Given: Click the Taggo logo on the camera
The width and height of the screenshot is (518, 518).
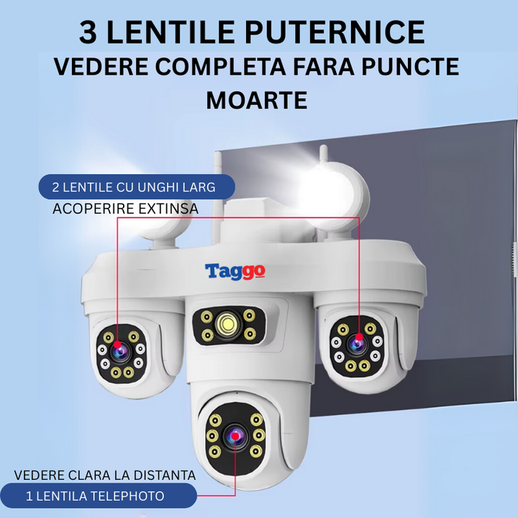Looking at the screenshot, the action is [235, 271].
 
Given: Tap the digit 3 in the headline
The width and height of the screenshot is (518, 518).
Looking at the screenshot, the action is [88, 32].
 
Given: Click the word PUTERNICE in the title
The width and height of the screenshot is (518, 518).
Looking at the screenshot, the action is [335, 32].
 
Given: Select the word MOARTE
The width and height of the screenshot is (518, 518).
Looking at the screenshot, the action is [257, 101].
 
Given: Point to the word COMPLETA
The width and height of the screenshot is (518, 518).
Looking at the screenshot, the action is [220, 67].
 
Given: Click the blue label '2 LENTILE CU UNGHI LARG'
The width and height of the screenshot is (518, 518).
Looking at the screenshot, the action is [137, 187].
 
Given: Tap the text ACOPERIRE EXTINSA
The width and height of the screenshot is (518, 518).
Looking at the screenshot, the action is [125, 209].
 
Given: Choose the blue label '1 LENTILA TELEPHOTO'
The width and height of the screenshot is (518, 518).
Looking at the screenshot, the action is [99, 496].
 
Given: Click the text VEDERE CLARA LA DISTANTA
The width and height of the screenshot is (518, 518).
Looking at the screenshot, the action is [105, 476].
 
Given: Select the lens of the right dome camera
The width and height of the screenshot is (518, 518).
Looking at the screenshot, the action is [356, 344].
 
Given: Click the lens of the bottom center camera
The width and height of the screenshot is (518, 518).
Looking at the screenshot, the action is [235, 436].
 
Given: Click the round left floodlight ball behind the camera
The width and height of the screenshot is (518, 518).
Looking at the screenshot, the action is [163, 222].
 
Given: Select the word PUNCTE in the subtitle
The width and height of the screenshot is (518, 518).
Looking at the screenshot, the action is [410, 67].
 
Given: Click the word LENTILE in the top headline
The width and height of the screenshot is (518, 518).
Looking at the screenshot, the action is [171, 32].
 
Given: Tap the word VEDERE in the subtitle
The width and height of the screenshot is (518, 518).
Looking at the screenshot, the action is [101, 67].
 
